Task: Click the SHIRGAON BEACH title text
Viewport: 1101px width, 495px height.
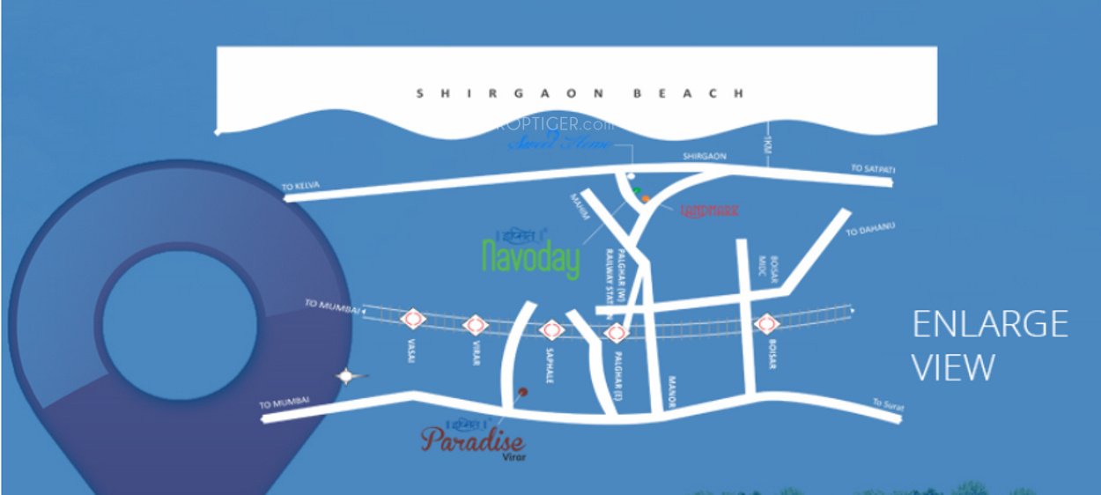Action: coord(580,92)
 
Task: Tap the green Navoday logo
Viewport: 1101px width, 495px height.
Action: coord(532,255)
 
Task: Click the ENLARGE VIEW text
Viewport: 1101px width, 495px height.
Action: coord(990,345)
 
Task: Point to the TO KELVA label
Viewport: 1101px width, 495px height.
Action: coord(300,186)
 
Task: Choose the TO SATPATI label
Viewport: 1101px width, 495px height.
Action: coord(871,167)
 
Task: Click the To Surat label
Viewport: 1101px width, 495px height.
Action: coord(889,404)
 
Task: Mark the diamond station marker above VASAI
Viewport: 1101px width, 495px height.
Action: coord(412,319)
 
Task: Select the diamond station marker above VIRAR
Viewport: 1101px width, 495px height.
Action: coord(476,325)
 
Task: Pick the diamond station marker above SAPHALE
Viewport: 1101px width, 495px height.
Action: coord(551,330)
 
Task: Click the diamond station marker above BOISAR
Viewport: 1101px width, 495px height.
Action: coord(765,323)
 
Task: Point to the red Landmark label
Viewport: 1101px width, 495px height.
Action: coord(710,211)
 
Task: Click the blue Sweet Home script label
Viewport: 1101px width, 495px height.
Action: coord(559,143)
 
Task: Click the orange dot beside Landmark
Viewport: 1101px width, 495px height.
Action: coord(646,199)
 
